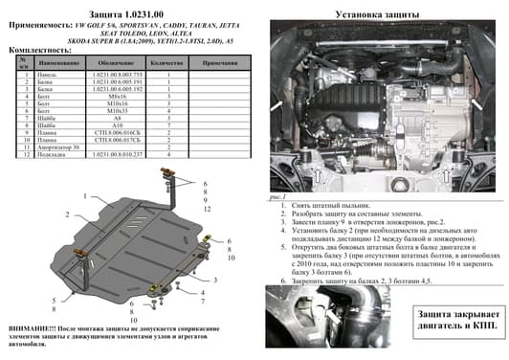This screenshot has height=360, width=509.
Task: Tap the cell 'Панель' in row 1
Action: pyautogui.click(x=47, y=74)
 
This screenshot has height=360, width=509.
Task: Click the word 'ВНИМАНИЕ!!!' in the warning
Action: pyautogui.click(x=30, y=327)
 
